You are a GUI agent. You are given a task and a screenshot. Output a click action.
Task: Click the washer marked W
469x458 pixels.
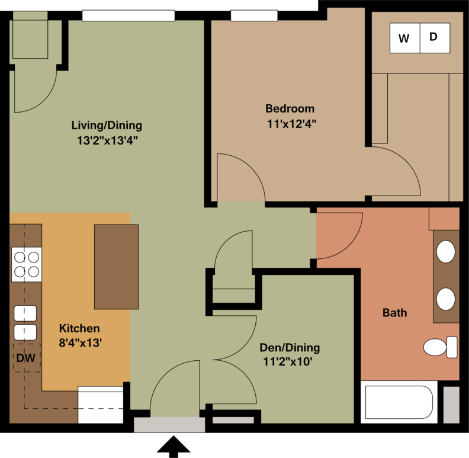[404, 38]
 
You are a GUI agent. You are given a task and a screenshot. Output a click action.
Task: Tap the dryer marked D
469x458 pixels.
[435, 38]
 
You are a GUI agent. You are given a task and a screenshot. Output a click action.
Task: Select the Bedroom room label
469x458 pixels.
[290, 108]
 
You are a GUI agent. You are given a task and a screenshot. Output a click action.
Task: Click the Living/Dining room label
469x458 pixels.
[107, 125]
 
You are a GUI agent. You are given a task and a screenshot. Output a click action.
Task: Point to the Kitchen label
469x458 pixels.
[79, 328]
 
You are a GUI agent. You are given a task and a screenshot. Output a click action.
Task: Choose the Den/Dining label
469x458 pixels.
[290, 348]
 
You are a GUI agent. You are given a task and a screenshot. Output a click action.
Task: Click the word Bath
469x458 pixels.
[394, 313]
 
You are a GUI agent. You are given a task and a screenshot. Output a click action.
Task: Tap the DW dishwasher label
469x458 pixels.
[25, 358]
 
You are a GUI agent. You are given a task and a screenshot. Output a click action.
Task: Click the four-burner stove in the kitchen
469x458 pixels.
[27, 264]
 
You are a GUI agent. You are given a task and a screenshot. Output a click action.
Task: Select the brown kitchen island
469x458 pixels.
[116, 267]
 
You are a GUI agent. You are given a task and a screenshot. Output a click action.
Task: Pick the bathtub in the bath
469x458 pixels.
[399, 402]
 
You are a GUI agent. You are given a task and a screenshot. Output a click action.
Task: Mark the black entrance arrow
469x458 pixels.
[174, 447]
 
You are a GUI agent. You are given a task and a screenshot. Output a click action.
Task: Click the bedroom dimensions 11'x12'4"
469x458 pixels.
[291, 124]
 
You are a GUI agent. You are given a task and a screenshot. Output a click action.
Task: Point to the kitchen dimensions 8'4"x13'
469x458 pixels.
[81, 342]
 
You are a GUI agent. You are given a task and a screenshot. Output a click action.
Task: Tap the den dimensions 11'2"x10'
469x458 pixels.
[288, 361]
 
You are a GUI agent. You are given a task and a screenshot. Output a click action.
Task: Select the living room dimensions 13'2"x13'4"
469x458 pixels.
[107, 140]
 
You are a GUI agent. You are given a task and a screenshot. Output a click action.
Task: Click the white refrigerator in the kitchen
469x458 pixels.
[101, 405]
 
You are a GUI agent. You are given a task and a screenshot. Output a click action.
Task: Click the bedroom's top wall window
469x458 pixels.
[254, 15]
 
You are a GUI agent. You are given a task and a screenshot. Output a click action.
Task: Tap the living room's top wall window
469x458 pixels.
[129, 15]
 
